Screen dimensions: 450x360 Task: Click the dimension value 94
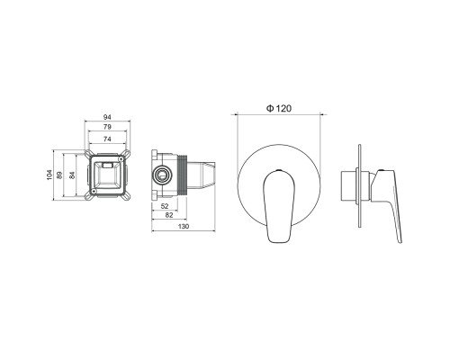[107, 117]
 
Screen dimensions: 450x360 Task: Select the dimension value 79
[107, 127]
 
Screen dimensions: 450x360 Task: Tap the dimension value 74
[107, 139]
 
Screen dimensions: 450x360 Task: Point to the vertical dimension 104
[49, 175]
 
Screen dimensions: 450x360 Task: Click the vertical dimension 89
[59, 175]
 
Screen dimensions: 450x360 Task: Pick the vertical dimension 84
[72, 175]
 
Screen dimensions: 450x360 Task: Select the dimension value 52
[165, 206]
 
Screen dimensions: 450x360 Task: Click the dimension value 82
[169, 215]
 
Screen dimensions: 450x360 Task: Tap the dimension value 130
[184, 226]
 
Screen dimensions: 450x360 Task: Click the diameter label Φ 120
[279, 108]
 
